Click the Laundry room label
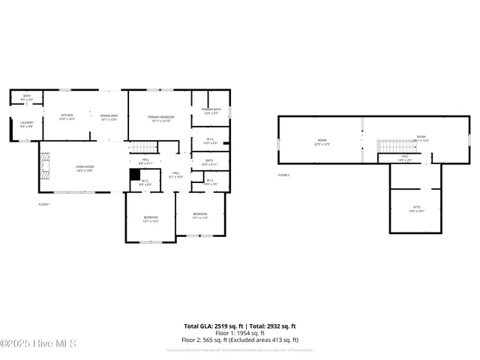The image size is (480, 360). [26, 124]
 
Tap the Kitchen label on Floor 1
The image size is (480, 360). [67, 117]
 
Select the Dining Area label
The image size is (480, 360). [109, 117]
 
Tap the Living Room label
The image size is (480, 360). [84, 169]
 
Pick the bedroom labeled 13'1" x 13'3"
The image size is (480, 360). [151, 219]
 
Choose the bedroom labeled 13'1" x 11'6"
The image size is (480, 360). [199, 215]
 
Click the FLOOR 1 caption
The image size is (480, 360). [44, 204]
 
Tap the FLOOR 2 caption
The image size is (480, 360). [283, 175]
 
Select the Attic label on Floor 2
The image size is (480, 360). [417, 208]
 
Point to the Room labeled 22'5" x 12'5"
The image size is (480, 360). [322, 142]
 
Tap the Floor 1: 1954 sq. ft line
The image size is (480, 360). [240, 334]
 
